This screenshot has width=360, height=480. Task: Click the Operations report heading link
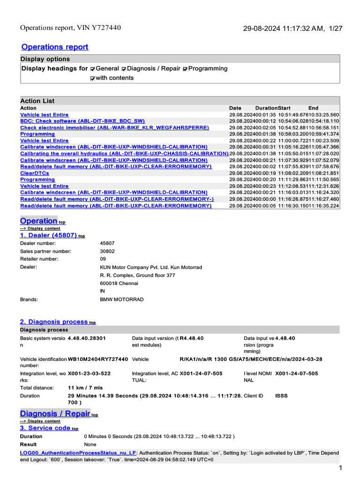click(55, 47)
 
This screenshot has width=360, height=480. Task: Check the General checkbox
click(93, 69)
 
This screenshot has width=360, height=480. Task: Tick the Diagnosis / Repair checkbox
click(124, 69)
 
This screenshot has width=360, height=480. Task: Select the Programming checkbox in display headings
click(186, 69)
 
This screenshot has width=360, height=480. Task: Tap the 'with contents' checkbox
click(93, 78)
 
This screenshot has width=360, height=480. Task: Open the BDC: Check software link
click(82, 121)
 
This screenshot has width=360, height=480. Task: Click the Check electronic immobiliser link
click(114, 127)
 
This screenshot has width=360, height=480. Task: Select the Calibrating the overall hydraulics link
click(124, 153)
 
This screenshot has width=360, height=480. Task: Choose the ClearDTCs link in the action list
click(34, 173)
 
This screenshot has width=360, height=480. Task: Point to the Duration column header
click(266, 108)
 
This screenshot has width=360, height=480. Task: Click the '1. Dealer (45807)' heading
click(48, 235)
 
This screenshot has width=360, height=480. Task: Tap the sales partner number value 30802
click(107, 251)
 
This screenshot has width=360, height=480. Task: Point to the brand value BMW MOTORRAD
click(122, 299)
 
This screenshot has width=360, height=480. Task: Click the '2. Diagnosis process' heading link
click(53, 322)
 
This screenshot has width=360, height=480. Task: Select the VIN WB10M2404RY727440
click(98, 359)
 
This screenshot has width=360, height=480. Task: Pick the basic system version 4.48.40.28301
click(87, 338)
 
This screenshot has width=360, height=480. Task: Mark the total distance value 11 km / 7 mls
click(85, 388)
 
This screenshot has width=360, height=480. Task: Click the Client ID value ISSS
click(281, 396)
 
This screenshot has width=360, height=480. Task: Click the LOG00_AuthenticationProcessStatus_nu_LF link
click(78, 453)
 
